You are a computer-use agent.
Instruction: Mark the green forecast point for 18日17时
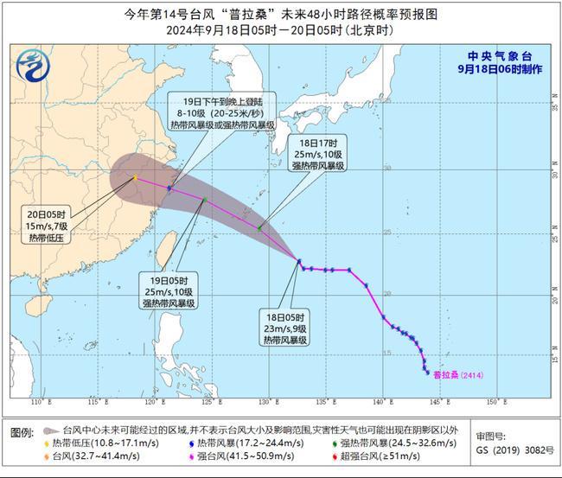click(x=259, y=228)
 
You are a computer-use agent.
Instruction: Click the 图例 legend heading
click(x=22, y=430)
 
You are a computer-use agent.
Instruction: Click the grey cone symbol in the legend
click(x=49, y=430)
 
